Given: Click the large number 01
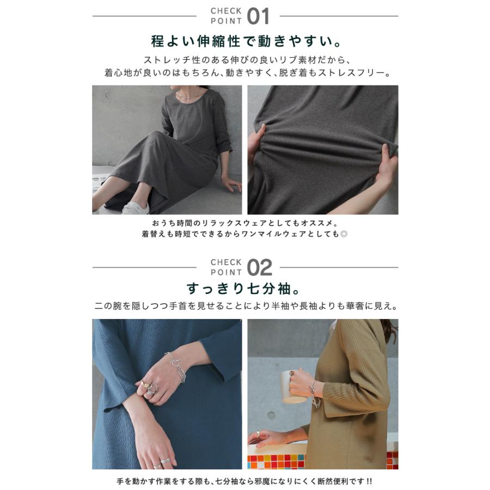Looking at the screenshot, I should [258, 16].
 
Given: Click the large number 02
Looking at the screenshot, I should [259, 268].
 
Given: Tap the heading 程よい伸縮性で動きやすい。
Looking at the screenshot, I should [245, 41].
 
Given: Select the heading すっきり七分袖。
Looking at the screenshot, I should [245, 287].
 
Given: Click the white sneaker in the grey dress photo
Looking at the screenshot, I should [136, 207].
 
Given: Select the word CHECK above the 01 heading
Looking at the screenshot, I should [226, 11].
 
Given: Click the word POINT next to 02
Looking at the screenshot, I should [226, 273].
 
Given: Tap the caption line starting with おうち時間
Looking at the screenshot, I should [245, 223].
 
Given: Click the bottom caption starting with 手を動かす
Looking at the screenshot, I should [245, 482].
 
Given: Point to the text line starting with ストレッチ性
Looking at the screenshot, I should [245, 60].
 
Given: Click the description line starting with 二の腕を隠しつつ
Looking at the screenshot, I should [245, 306].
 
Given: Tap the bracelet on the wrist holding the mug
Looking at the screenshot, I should [315, 395].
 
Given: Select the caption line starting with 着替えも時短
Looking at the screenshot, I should [245, 235].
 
